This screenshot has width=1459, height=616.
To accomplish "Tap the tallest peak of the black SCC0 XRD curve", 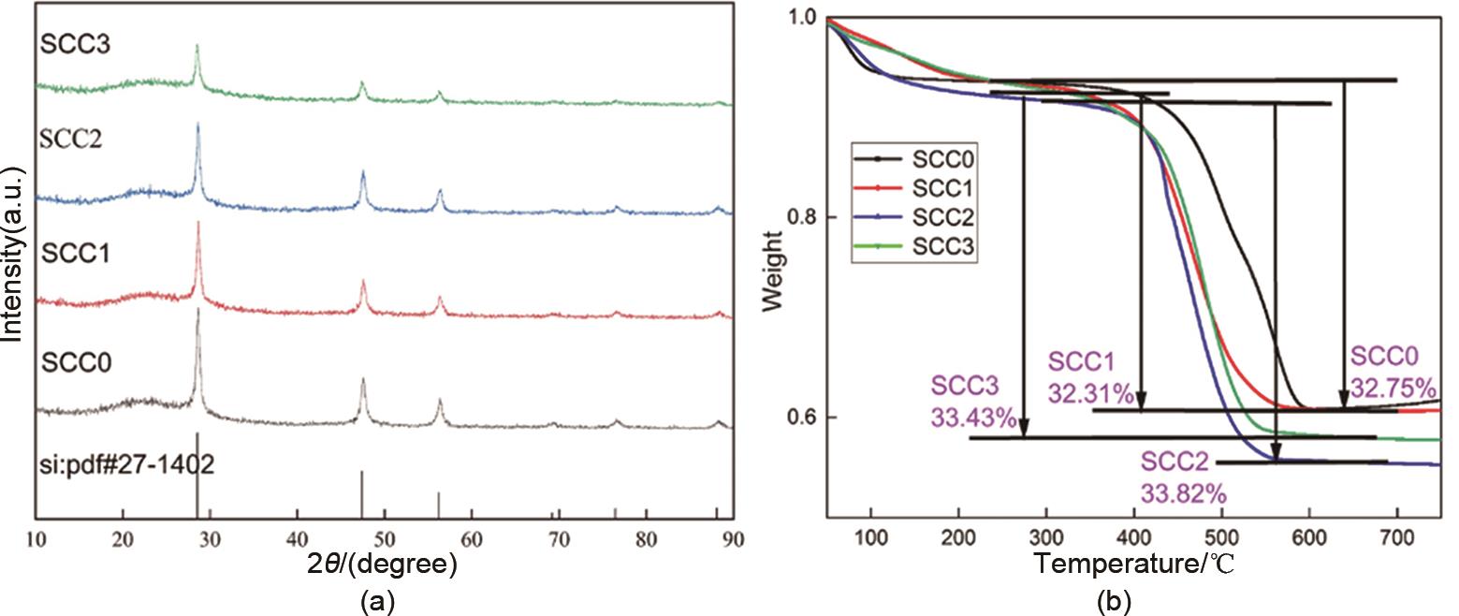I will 197,312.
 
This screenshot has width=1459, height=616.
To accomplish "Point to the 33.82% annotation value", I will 1182,493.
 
